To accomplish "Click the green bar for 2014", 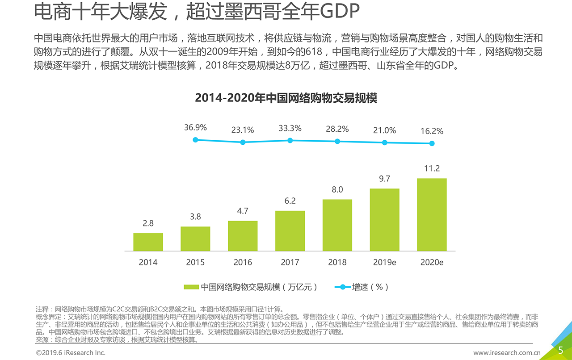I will [148, 242].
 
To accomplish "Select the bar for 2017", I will [290, 230].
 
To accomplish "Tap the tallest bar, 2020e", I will [432, 214].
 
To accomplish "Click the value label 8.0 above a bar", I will [337, 190].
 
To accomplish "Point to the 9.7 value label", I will [384, 179].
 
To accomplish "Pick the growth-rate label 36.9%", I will [195, 128].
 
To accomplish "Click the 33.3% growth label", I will [290, 129].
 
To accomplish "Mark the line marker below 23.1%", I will [243, 142].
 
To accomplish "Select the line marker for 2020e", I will [432, 143].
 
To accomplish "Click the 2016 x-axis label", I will [243, 263].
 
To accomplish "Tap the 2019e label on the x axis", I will [384, 263].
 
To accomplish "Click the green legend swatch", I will [191, 287].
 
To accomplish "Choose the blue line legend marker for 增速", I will [343, 287].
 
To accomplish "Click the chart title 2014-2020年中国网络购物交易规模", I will [286, 98].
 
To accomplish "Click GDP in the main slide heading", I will [340, 12].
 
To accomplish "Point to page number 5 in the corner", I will [560, 350].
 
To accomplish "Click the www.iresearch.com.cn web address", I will [507, 353].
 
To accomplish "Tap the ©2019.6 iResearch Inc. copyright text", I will [71, 353].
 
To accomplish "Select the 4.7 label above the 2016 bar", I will [243, 211].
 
